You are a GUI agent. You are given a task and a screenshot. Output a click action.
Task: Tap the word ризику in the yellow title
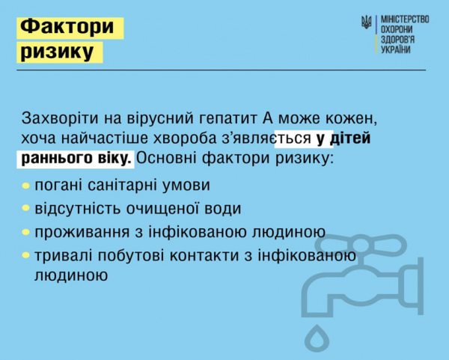click(x=58, y=52)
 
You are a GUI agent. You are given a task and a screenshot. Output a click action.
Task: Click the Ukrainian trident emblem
click(x=367, y=22)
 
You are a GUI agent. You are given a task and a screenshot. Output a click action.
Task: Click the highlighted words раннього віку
click(x=75, y=158)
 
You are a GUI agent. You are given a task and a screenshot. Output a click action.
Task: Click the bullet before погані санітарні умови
click(x=26, y=186)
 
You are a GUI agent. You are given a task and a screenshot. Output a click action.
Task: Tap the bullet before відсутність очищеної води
click(x=26, y=209)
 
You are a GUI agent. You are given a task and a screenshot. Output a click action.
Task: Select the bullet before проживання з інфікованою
click(x=26, y=232)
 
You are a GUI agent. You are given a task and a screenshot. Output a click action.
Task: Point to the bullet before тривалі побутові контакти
click(x=26, y=255)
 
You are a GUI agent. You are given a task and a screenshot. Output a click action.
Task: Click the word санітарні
click(x=122, y=185)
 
